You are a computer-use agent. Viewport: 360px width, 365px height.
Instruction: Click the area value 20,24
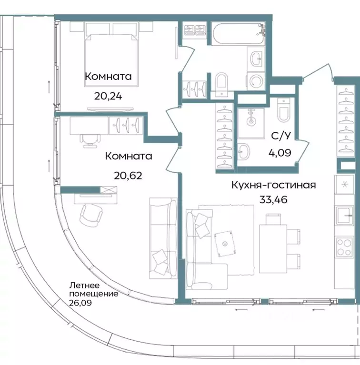point(108,96)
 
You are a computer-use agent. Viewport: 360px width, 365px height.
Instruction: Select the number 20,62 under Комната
point(128,175)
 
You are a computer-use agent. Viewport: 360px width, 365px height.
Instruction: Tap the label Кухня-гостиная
point(273,185)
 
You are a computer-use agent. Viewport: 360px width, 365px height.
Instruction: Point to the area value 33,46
point(273,198)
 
